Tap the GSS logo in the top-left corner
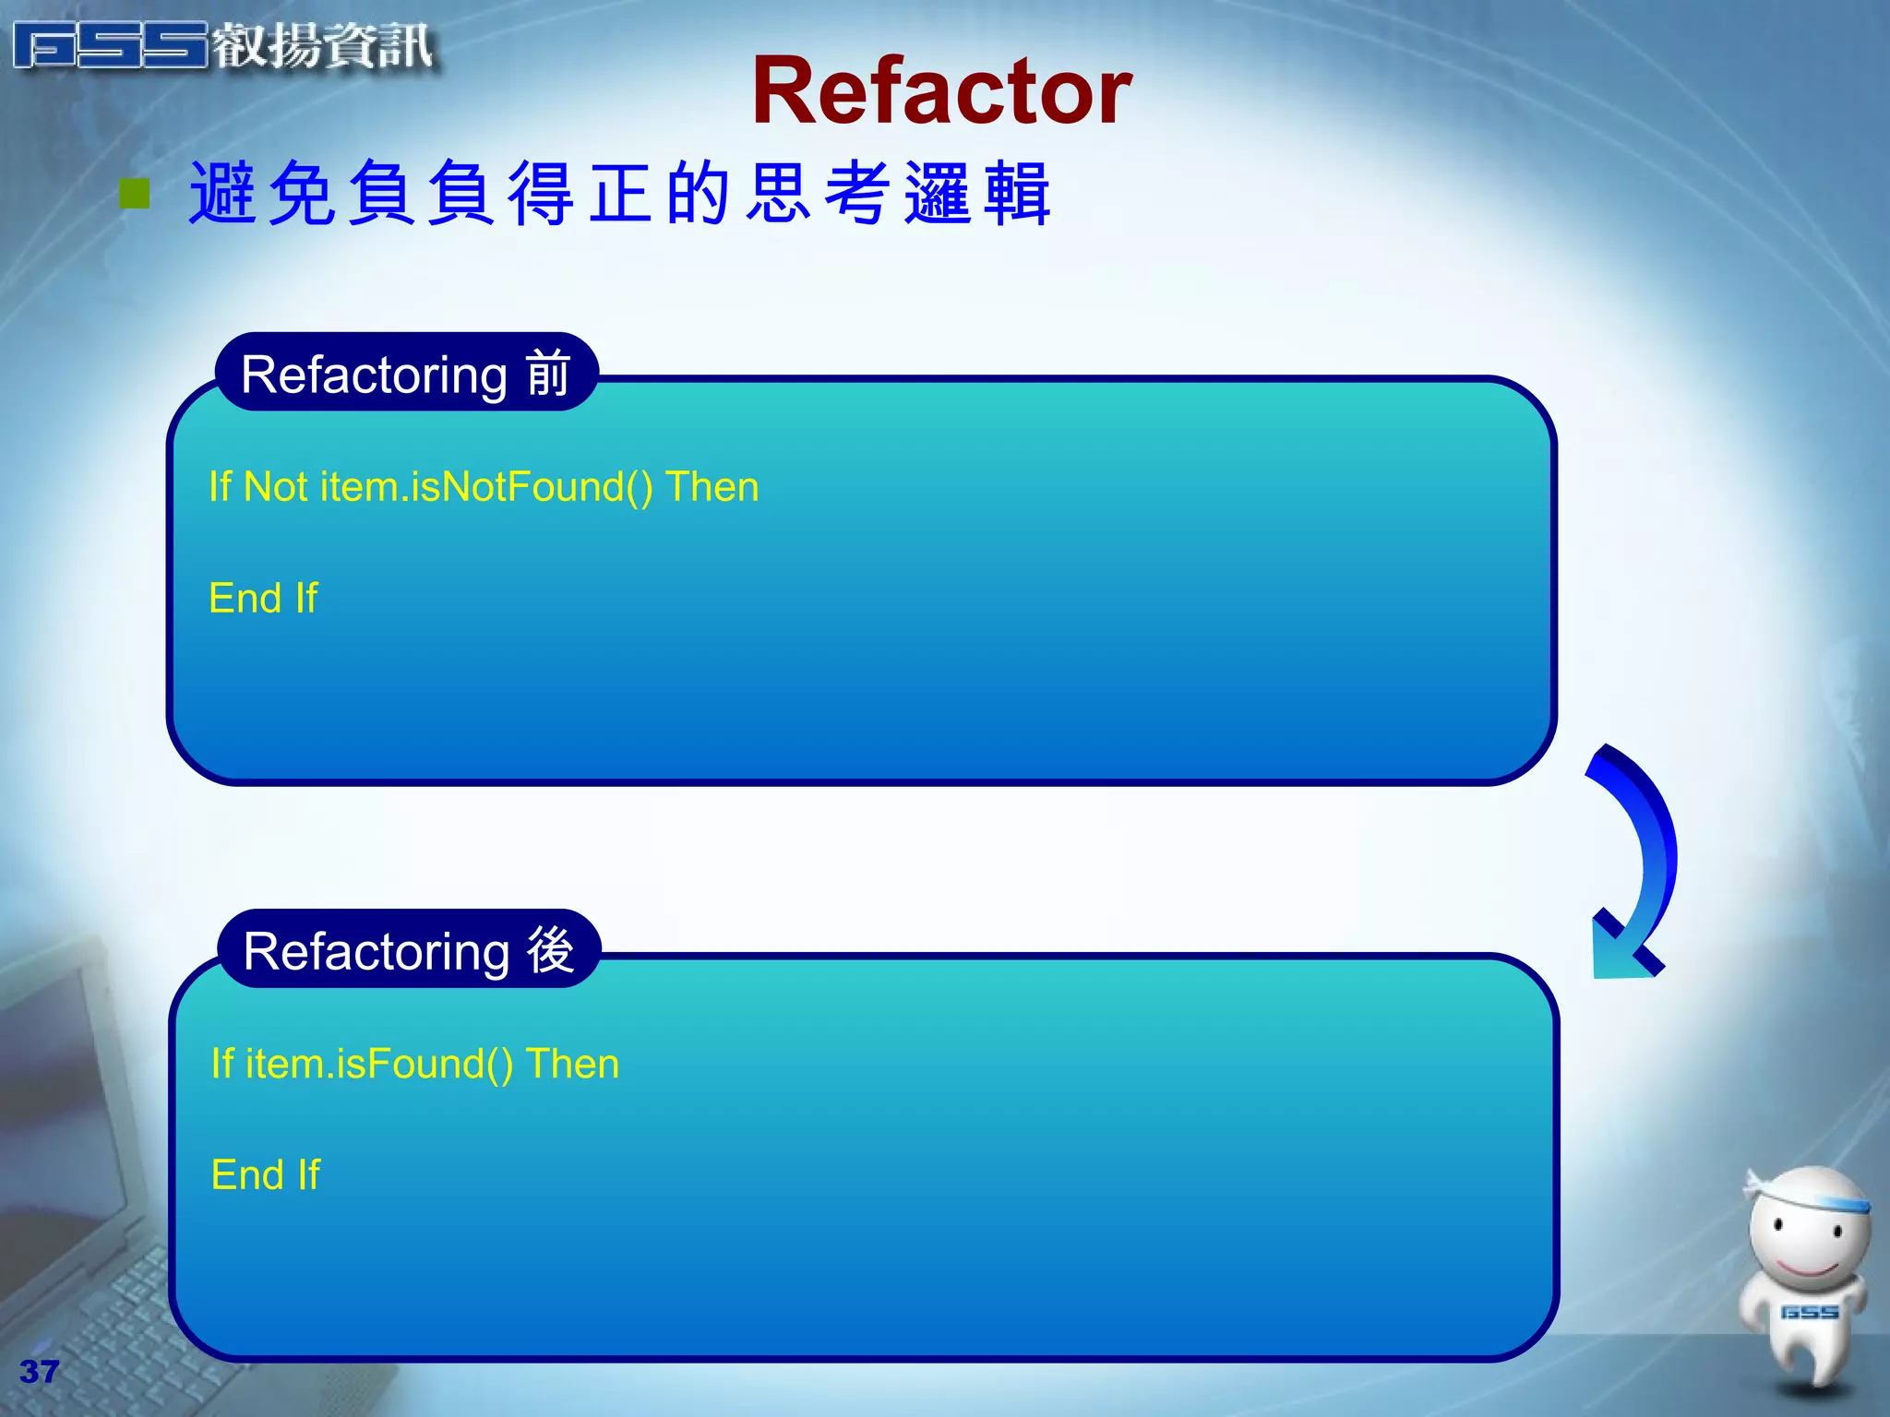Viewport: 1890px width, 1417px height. (x=111, y=46)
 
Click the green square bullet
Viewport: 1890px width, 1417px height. (x=135, y=194)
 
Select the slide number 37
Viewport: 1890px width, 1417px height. (x=39, y=1372)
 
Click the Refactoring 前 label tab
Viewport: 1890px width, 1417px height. (x=406, y=374)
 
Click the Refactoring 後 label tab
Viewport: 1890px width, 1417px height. (x=409, y=950)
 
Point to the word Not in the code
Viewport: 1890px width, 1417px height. (x=275, y=486)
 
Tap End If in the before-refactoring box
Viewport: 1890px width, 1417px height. (x=263, y=598)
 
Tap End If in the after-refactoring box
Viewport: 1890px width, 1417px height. (x=266, y=1174)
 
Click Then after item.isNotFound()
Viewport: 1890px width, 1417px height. (x=712, y=486)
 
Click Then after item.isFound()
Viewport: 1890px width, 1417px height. (x=572, y=1064)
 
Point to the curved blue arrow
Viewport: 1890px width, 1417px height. (x=1638, y=858)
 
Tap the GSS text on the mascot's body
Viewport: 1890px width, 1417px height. (x=1809, y=1312)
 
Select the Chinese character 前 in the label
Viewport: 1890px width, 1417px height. (x=548, y=374)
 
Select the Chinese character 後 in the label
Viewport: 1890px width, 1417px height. (x=551, y=950)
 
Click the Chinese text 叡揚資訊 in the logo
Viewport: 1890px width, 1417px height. (x=323, y=46)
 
